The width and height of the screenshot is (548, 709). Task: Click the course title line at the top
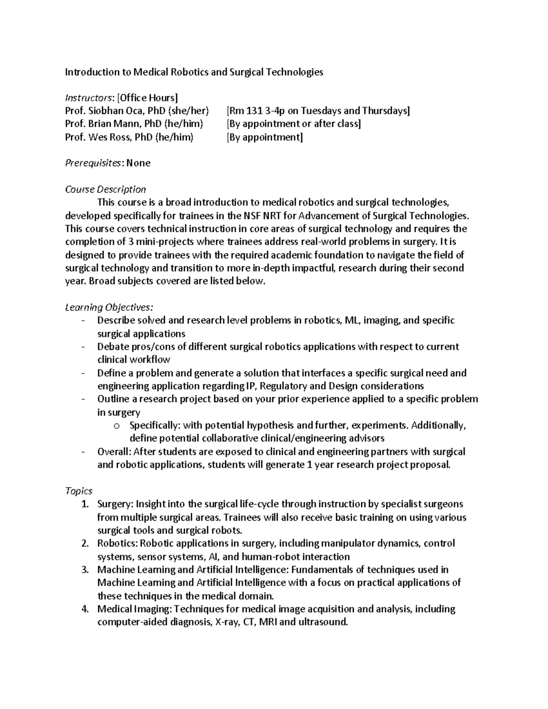pos(194,72)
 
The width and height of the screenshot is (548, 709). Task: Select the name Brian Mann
pos(114,124)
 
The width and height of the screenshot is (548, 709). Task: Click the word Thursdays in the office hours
pos(385,111)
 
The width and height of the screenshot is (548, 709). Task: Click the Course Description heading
pos(105,189)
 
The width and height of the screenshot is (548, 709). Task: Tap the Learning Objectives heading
pos(109,307)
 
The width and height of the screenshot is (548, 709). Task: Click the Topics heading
pos(79,491)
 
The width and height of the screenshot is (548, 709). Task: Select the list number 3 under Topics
pos(84,570)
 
